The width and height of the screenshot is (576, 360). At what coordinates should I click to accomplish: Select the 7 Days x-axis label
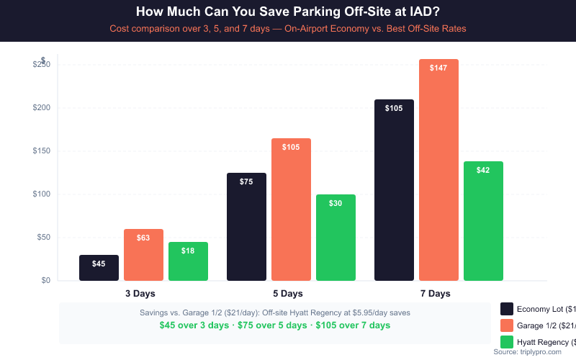[x=435, y=294]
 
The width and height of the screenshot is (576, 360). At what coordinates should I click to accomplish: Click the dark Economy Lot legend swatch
[x=507, y=309]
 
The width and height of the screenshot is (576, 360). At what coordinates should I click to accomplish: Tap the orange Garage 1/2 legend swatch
[x=507, y=325]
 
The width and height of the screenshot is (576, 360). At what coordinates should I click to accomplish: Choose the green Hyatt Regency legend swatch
[x=507, y=342]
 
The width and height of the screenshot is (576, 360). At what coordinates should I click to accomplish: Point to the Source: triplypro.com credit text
[x=527, y=352]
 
